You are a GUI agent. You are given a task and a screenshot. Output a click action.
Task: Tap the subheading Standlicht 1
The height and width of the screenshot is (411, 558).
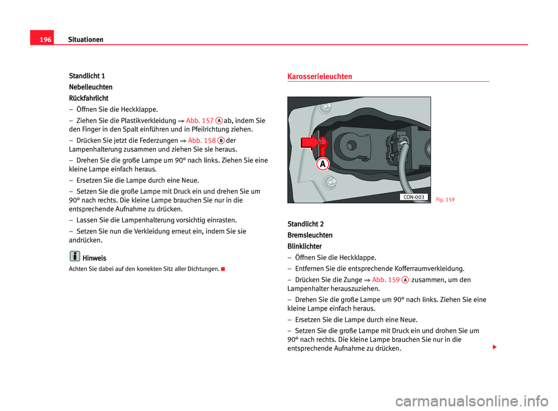(x=87, y=76)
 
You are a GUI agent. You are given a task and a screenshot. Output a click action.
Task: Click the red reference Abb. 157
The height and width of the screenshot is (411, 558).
(x=199, y=121)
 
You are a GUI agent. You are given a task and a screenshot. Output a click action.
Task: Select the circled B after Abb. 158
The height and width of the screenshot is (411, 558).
(x=221, y=140)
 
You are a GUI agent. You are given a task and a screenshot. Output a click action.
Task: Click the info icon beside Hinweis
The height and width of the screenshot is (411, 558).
(x=75, y=256)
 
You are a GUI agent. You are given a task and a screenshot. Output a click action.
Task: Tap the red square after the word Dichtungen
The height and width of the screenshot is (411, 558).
(x=223, y=269)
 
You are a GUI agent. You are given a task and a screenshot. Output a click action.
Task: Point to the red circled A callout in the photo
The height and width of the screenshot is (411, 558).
(x=323, y=164)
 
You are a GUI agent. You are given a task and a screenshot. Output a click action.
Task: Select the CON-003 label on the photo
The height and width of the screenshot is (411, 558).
(x=413, y=197)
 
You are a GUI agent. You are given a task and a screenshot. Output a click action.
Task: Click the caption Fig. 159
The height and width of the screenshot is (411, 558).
(x=446, y=199)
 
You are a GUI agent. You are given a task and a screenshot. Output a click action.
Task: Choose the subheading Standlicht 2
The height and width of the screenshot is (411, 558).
(x=306, y=224)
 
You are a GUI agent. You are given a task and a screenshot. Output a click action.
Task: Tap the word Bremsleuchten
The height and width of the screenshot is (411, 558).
(x=310, y=235)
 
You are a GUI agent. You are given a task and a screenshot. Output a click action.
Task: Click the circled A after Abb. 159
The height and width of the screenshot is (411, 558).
(x=405, y=280)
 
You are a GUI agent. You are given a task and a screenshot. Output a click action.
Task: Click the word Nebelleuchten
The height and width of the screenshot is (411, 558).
(x=91, y=87)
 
